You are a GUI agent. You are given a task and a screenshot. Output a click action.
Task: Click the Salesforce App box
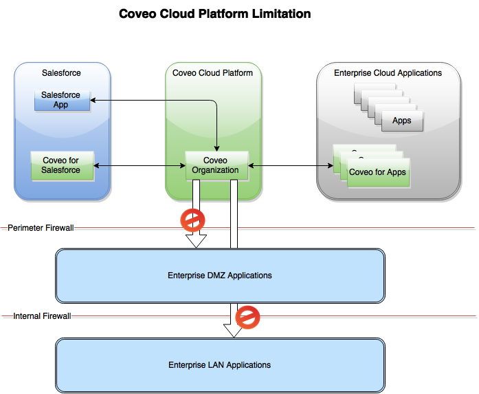[62, 100]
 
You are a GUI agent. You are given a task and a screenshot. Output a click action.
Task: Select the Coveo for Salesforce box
[62, 165]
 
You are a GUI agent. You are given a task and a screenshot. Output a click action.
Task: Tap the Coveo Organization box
[215, 165]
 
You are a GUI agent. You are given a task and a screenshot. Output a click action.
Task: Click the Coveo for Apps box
[377, 172]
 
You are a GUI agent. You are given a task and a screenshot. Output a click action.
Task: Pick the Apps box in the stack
[401, 121]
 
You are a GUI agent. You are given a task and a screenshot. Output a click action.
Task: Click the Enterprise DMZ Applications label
[219, 276]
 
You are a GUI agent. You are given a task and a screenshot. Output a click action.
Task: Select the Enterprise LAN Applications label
[219, 365]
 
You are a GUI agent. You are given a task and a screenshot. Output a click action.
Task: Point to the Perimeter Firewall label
[41, 228]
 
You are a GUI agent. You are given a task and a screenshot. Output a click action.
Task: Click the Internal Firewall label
[42, 317]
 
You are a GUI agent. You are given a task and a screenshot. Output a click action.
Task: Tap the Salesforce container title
[61, 73]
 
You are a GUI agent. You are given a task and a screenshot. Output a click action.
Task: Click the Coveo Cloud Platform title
[212, 73]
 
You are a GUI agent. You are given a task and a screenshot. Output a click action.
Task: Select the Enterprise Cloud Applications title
[388, 73]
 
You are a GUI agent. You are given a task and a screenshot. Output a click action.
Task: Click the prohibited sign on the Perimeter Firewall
[192, 220]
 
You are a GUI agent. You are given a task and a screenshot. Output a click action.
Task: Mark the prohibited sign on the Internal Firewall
[247, 318]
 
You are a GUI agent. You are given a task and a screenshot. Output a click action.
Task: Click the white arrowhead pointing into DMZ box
[197, 240]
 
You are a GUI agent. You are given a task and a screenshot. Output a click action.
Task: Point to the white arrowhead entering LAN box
[234, 330]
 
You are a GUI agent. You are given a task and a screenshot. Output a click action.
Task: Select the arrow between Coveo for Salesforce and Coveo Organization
[140, 165]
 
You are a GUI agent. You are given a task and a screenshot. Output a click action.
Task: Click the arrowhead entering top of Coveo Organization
[217, 149]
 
